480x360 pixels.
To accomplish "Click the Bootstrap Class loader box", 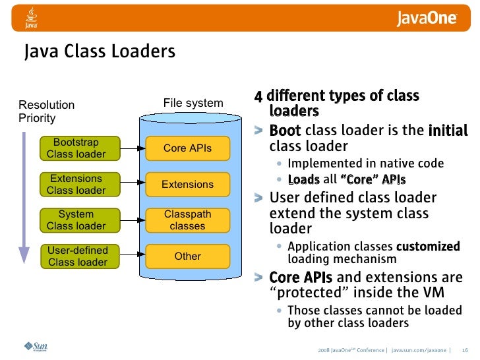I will coord(76,148).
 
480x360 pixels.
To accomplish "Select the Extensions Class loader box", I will coord(76,185).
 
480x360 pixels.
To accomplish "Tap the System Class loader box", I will coord(76,220).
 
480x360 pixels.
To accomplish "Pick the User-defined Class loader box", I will coord(76,256).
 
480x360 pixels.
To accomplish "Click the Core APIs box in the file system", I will coord(187,148).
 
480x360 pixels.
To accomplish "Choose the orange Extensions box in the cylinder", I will coord(187,185).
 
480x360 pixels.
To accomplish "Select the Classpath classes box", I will coord(187,220).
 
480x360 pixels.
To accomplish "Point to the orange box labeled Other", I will coord(187,256).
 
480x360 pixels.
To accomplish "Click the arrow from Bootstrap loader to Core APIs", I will coord(132,148).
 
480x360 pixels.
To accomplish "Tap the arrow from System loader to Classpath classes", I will coord(132,220).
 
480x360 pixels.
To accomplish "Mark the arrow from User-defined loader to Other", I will coord(132,256).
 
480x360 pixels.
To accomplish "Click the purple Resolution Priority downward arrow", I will coord(24,198).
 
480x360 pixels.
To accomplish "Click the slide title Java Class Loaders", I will coord(100,51).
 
